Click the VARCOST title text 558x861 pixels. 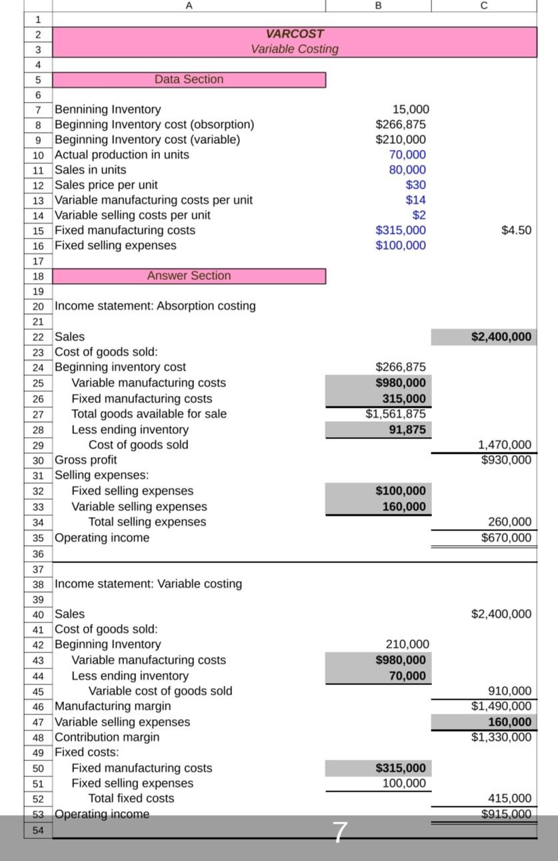[x=295, y=34]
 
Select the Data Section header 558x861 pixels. [x=189, y=79]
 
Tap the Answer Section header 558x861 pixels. [x=189, y=276]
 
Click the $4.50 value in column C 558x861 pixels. [x=516, y=231]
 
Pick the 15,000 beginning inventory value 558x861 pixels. [x=411, y=109]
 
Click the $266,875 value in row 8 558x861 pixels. [x=401, y=125]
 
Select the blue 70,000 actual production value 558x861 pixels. [x=407, y=155]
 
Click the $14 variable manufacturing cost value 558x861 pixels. [x=415, y=200]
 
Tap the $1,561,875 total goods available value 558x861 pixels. [x=395, y=414]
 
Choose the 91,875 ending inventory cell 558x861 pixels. [x=407, y=430]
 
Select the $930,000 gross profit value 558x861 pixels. [x=506, y=460]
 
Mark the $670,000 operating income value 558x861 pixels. [x=506, y=538]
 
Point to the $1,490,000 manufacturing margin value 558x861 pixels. [x=501, y=706]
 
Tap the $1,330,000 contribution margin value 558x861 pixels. [x=501, y=737]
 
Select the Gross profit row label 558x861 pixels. [x=85, y=460]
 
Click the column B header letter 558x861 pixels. [x=379, y=5]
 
